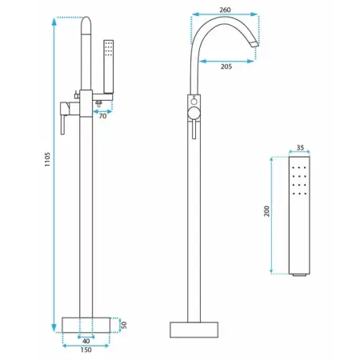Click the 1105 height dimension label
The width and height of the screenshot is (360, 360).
[x=47, y=159]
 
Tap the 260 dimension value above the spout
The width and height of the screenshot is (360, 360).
[x=225, y=10]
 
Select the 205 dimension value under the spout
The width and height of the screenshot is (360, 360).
[x=226, y=66]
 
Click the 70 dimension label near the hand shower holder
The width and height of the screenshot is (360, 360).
[x=102, y=116]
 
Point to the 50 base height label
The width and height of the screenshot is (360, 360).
[x=124, y=325]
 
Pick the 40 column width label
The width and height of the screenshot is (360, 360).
[x=86, y=341]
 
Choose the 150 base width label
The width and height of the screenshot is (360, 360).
[x=86, y=350]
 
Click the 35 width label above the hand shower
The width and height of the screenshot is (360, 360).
[x=300, y=147]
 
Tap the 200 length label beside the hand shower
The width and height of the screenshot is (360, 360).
[x=266, y=211]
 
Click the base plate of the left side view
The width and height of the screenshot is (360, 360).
[x=86, y=325]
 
